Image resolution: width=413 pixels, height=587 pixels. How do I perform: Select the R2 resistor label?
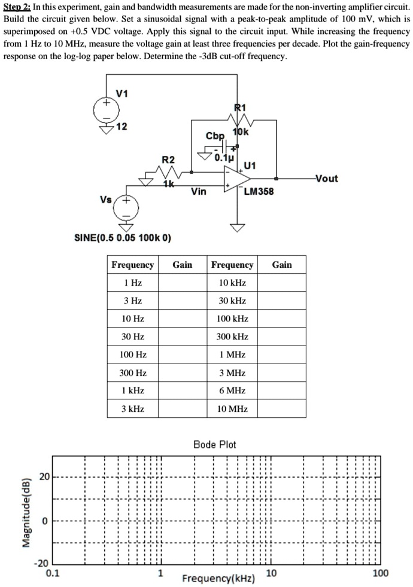pos(169,159)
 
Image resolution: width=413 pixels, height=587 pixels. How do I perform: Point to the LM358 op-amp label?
pos(259,192)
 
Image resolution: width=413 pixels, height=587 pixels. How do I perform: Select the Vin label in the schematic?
pos(199,192)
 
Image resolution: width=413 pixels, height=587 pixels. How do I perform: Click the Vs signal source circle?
pos(127,209)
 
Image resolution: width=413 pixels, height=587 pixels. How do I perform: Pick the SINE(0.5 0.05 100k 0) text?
pos(122,238)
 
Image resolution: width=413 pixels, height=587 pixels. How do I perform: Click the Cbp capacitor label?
pos(215,136)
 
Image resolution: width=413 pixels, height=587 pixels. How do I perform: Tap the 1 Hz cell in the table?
pos(133,283)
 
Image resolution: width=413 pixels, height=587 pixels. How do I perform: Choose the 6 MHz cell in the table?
pos(232,390)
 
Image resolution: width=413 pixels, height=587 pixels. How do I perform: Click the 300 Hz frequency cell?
pos(133,373)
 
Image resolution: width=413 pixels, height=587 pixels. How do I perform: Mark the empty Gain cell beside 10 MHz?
pos(282,409)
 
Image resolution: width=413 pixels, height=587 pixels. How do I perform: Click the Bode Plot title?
pos(215,445)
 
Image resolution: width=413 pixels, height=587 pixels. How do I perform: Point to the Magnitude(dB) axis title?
pos(26,512)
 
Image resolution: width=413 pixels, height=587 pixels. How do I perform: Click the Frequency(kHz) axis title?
pos(218,579)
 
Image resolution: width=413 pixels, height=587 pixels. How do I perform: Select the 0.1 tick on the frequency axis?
pos(53,574)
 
